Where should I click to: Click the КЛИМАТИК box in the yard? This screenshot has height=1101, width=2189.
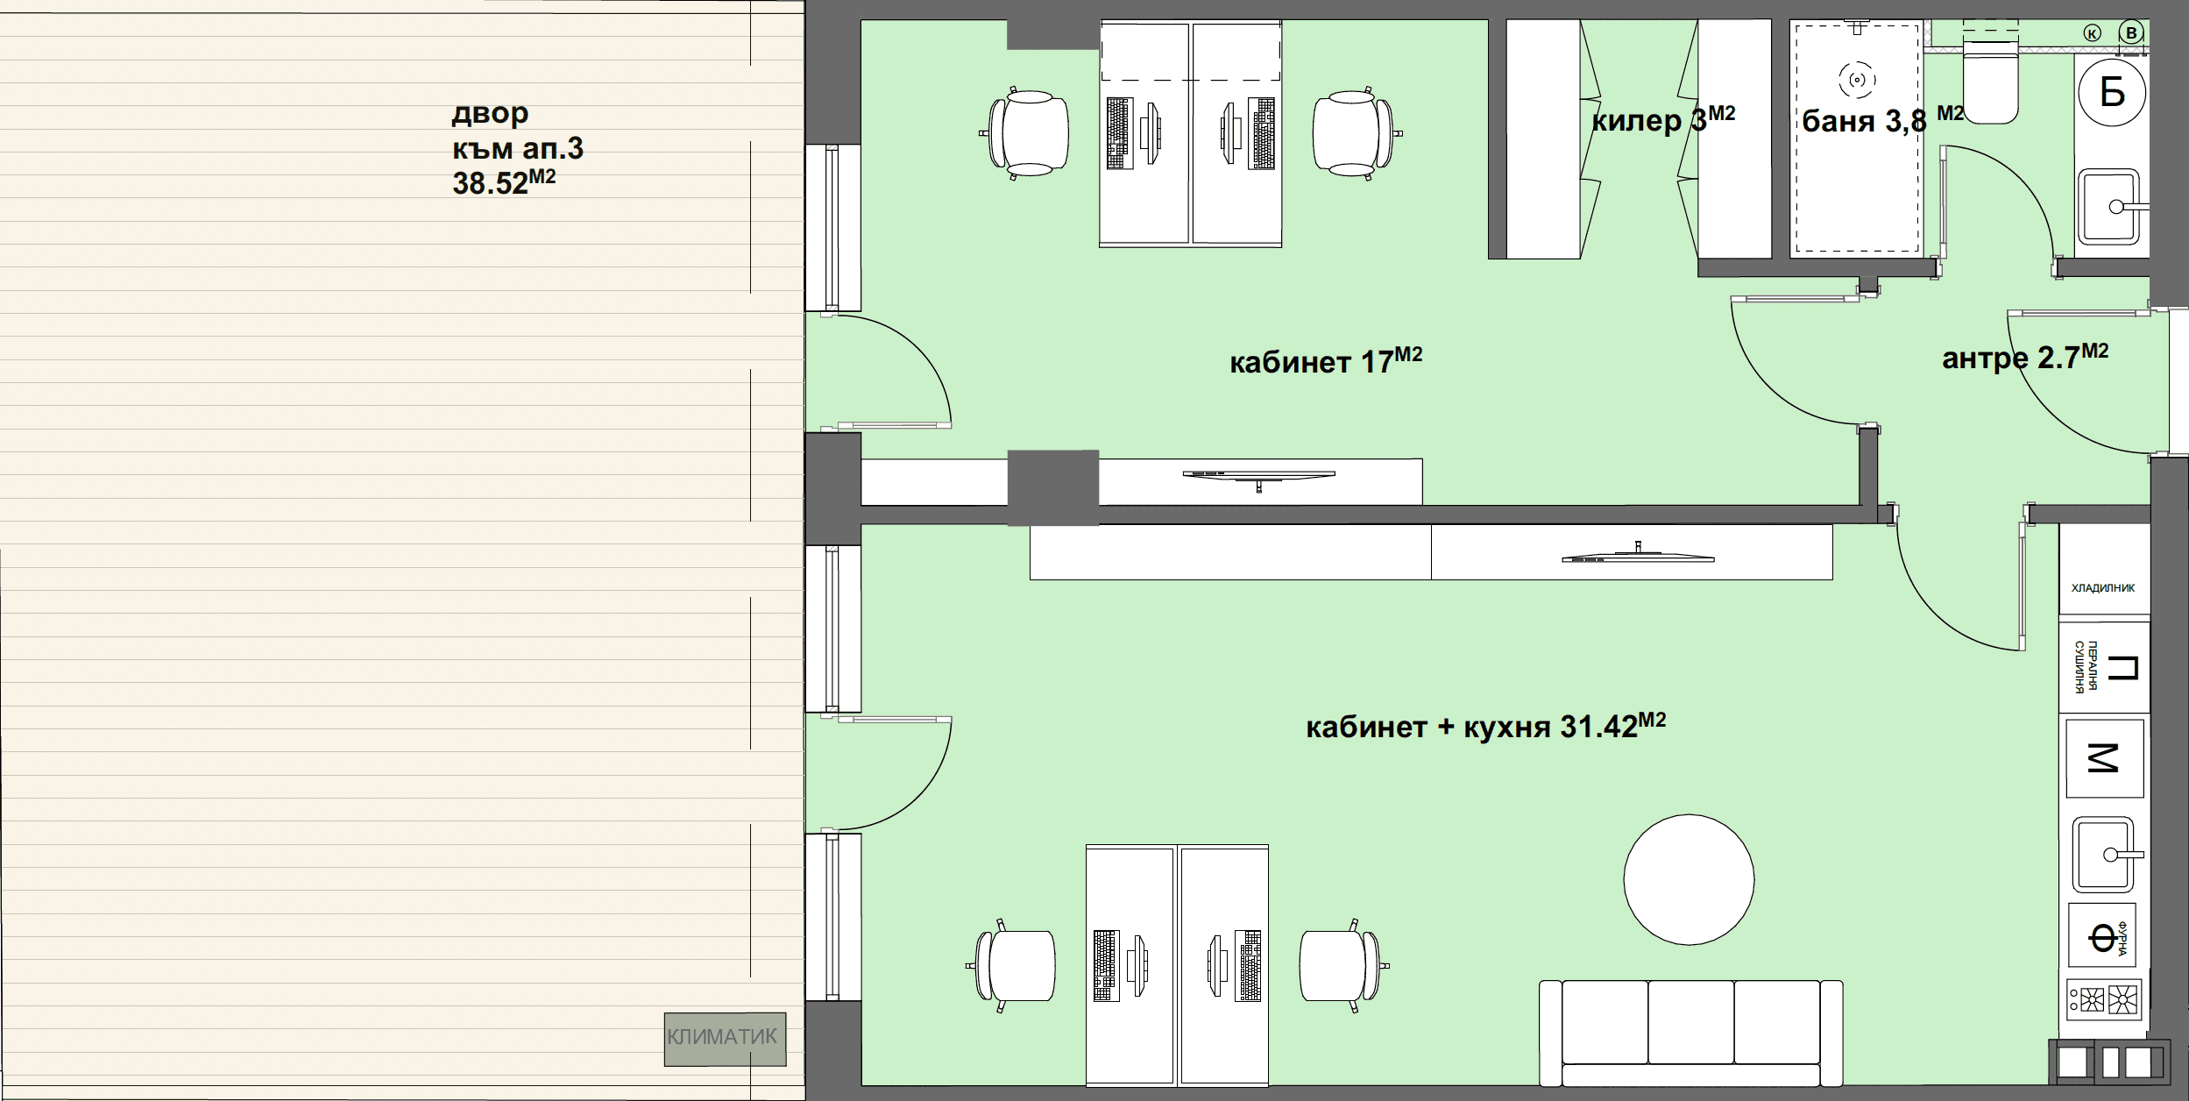pyautogui.click(x=725, y=1039)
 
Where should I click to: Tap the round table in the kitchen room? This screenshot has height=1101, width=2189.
pyautogui.click(x=1689, y=879)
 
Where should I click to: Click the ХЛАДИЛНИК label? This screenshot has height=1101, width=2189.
pyautogui.click(x=2103, y=587)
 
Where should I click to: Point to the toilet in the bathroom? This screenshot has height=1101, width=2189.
pyautogui.click(x=1990, y=79)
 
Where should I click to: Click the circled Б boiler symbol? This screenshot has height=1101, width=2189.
pyautogui.click(x=2112, y=91)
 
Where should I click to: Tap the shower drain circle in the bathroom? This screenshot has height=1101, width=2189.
pyautogui.click(x=1856, y=81)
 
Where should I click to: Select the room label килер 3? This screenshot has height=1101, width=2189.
pyautogui.click(x=1662, y=120)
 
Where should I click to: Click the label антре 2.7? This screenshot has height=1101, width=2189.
pyautogui.click(x=2025, y=357)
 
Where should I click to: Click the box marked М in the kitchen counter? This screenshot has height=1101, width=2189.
pyautogui.click(x=2104, y=758)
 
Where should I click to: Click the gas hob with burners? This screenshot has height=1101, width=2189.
pyautogui.click(x=2104, y=999)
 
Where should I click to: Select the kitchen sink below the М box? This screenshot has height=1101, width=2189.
pyautogui.click(x=2105, y=854)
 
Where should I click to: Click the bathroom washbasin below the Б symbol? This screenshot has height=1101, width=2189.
pyautogui.click(x=2112, y=207)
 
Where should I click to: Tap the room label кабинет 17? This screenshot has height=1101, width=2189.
pyautogui.click(x=1326, y=360)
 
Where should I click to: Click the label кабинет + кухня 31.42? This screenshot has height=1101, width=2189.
pyautogui.click(x=1485, y=726)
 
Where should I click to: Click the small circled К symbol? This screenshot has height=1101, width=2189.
pyautogui.click(x=2092, y=33)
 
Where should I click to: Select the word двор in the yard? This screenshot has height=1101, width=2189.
pyautogui.click(x=490, y=114)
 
